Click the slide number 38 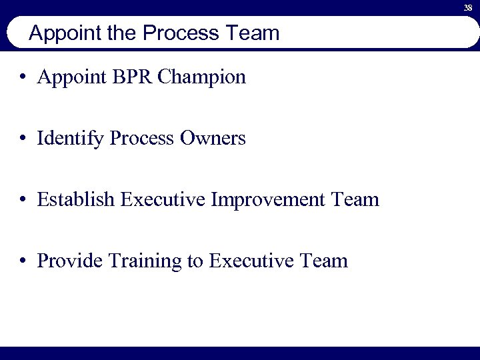[x=469, y=7]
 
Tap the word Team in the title [x=253, y=33]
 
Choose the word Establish [x=76, y=199]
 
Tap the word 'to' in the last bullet [x=195, y=261]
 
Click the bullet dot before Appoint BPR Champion [x=23, y=78]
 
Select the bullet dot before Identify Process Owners [x=23, y=139]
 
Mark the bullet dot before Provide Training [x=23, y=261]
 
